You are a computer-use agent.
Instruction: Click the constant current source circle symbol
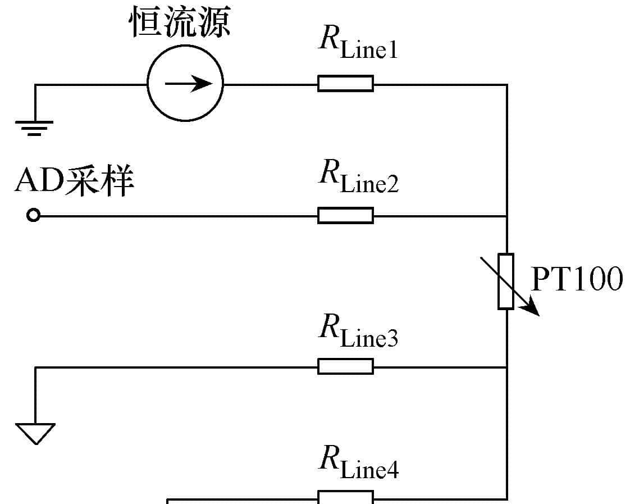pos(185,84)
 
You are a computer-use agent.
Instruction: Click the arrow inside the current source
pos(189,84)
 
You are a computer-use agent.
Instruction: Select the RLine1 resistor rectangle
pos(345,84)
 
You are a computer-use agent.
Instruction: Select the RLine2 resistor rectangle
pos(345,215)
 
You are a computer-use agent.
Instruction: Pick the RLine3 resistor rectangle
pos(345,366)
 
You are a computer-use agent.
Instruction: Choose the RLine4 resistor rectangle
pos(345,497)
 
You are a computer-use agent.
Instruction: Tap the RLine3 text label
pos(358,330)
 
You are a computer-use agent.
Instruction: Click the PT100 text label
pos(577,279)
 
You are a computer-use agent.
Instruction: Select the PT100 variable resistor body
pos(506,281)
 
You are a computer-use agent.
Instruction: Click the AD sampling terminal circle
pos(34,215)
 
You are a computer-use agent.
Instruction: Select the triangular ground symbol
pos(35,433)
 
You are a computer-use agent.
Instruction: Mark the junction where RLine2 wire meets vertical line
pos(506,215)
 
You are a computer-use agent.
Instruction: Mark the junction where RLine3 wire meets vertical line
pos(506,367)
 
